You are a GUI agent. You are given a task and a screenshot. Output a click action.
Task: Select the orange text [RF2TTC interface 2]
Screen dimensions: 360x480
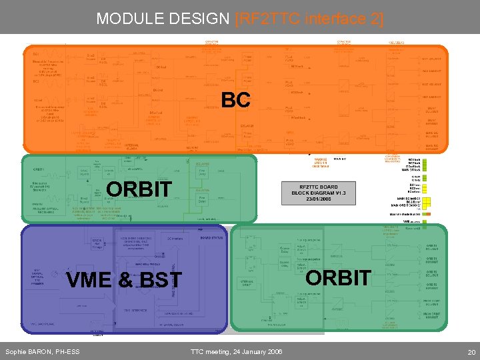coord(310,19)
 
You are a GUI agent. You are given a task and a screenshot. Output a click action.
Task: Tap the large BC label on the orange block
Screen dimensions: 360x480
coord(236,100)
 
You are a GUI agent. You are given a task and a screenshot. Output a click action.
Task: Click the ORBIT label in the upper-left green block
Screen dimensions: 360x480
coord(139,189)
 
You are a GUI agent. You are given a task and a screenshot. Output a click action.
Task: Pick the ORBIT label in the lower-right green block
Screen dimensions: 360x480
coord(338,277)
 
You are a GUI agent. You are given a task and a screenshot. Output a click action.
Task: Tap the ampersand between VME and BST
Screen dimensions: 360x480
coord(124,280)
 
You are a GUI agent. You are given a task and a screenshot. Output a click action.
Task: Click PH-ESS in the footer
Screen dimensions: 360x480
coord(69,351)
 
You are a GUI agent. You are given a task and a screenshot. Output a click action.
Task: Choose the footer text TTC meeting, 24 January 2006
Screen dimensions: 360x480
coord(236,351)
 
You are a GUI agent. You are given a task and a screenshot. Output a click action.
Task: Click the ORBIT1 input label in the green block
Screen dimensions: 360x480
coord(38,169)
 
